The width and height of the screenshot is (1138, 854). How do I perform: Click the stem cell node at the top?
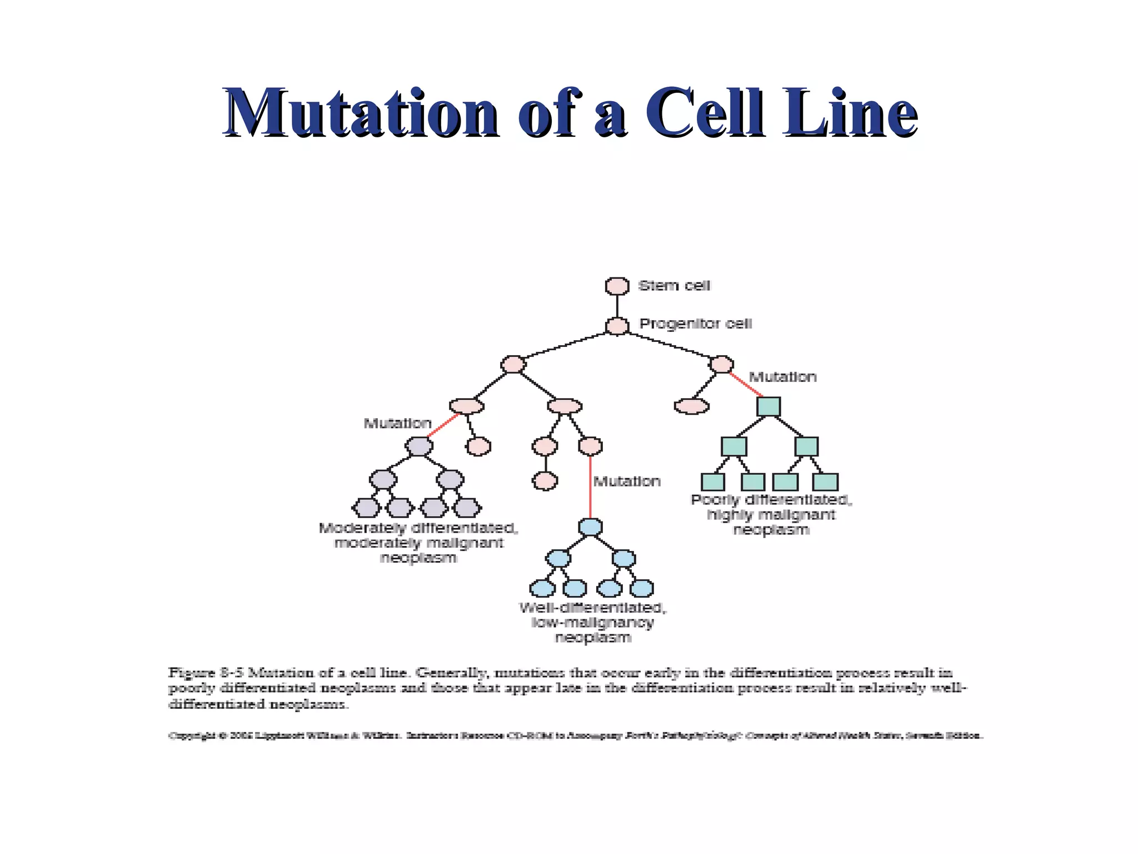(617, 286)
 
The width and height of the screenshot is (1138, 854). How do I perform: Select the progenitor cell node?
(617, 326)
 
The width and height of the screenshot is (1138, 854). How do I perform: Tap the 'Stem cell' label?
(674, 286)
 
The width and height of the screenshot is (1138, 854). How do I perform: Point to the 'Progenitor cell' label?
(695, 324)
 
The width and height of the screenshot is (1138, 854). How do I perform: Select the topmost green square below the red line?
(768, 406)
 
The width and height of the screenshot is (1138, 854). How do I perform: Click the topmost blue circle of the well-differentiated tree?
(590, 527)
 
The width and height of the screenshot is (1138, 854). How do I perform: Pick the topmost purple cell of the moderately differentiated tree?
(419, 446)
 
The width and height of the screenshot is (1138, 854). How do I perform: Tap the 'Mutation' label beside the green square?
(782, 377)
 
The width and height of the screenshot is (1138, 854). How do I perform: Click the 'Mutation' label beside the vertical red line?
(627, 481)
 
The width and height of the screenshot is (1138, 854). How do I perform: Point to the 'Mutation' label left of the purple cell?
(397, 424)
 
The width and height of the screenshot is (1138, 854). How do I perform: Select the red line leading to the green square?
(746, 384)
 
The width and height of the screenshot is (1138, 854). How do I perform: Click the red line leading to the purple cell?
(443, 425)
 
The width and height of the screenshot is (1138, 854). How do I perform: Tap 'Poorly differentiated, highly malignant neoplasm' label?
(771, 515)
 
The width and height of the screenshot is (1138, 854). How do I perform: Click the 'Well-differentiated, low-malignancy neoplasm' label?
(593, 623)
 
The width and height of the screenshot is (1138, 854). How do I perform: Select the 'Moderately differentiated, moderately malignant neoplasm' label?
(418, 543)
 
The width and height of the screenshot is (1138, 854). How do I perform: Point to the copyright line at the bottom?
(575, 736)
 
